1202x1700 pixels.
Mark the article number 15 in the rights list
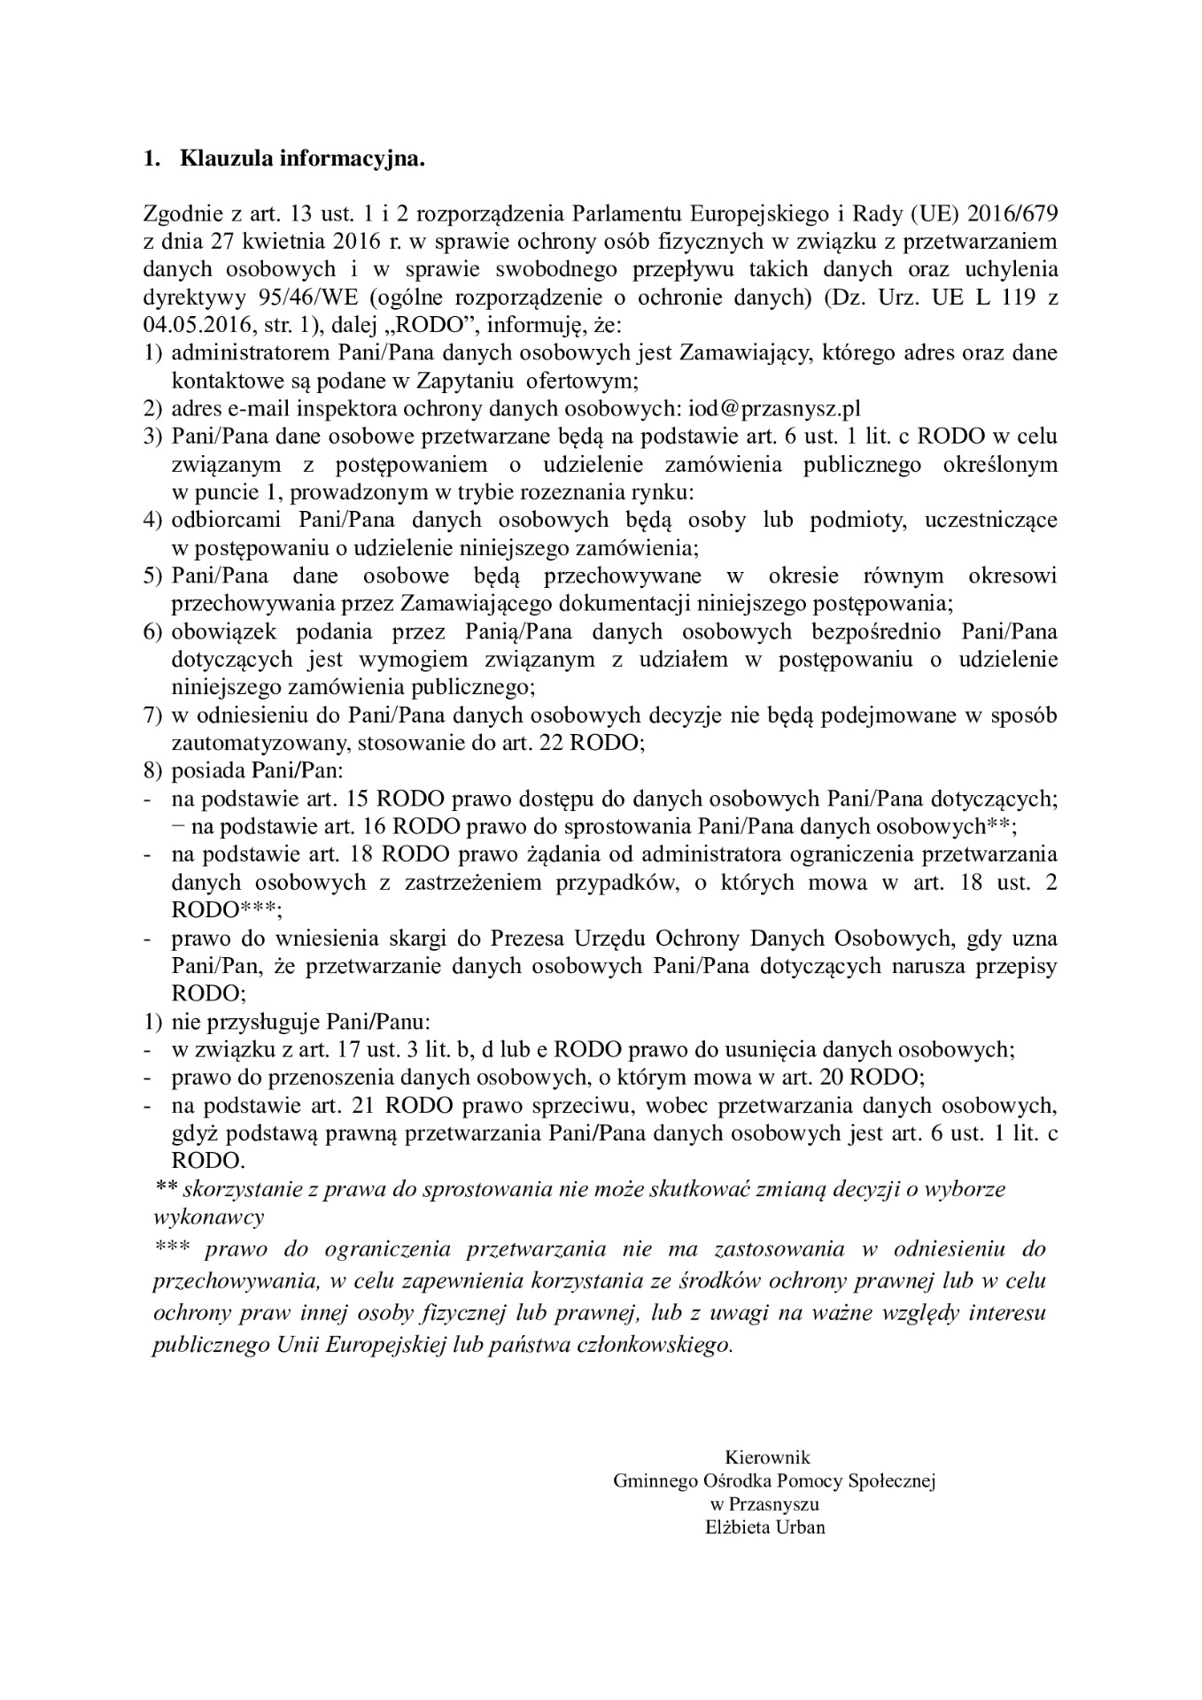click(x=354, y=798)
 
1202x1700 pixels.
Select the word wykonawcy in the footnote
click(x=209, y=1217)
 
